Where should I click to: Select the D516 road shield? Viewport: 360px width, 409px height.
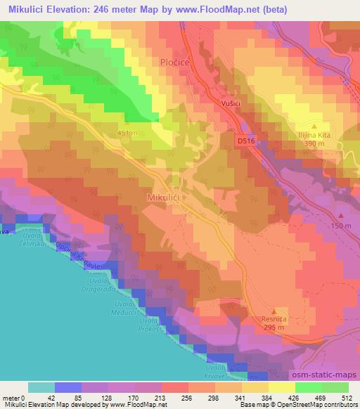click(x=245, y=141)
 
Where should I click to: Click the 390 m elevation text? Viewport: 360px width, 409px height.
click(x=314, y=143)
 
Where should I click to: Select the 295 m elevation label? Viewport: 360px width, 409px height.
click(x=274, y=327)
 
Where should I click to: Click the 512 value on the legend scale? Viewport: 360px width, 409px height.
click(x=347, y=397)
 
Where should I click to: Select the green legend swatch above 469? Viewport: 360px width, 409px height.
click(x=308, y=387)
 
